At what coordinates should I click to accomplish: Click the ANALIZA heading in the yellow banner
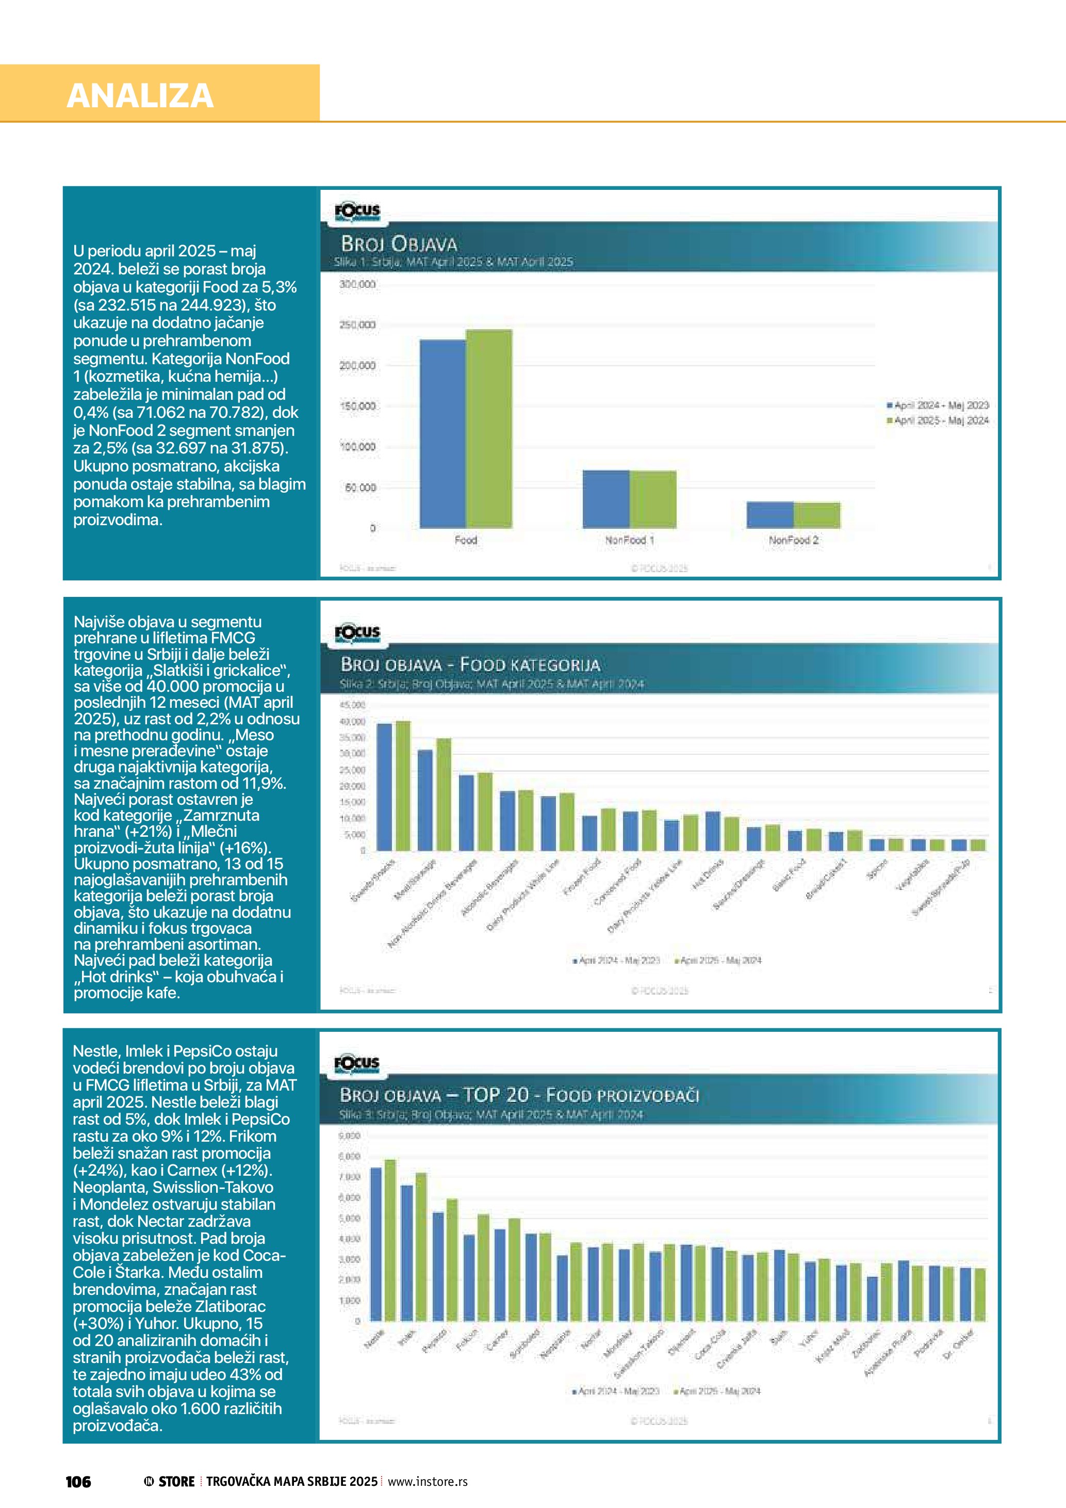(x=140, y=95)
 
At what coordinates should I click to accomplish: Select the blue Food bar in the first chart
(x=442, y=433)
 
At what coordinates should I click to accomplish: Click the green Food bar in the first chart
(x=489, y=428)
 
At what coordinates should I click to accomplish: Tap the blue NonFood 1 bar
(x=605, y=499)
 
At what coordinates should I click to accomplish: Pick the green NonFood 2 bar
(x=816, y=515)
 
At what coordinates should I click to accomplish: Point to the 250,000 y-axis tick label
(x=358, y=325)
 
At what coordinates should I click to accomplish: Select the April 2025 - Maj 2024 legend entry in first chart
(x=940, y=420)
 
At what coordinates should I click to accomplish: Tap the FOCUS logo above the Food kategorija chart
(x=357, y=633)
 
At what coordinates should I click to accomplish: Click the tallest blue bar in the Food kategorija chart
(x=384, y=787)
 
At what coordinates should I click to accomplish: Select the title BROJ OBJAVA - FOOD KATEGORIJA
(x=470, y=664)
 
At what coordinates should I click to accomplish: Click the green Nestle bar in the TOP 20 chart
(x=390, y=1240)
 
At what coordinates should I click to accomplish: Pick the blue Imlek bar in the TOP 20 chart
(x=406, y=1253)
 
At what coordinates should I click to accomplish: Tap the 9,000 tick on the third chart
(x=350, y=1136)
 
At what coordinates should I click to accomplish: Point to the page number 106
(x=78, y=1482)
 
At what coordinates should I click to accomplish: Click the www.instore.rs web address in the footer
(x=428, y=1481)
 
